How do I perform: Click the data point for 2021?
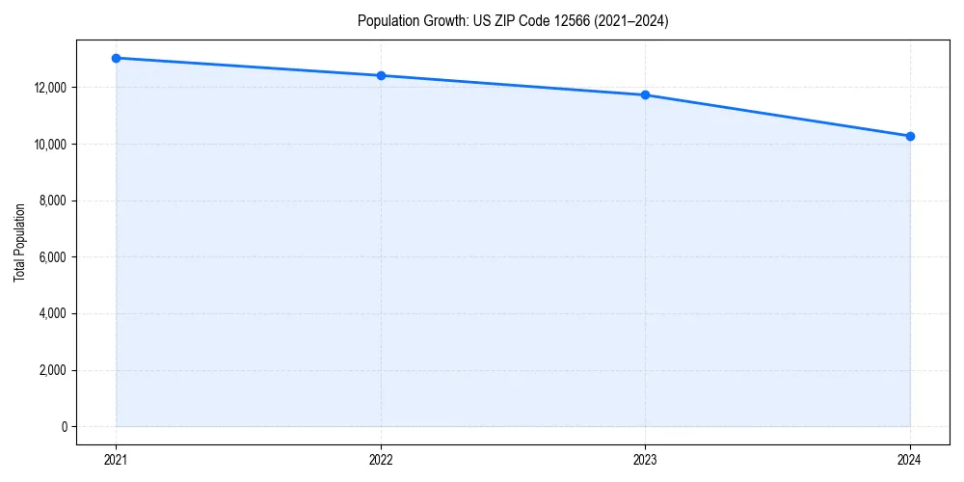click(116, 58)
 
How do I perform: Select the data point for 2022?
click(381, 75)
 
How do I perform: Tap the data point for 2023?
click(645, 94)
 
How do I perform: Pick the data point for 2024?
click(910, 136)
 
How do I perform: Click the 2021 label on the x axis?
click(116, 459)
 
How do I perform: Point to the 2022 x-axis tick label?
click(381, 459)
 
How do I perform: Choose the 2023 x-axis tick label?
click(645, 459)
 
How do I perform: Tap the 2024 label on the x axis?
click(910, 459)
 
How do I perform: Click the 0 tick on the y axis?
click(63, 427)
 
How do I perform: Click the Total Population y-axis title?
click(19, 242)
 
